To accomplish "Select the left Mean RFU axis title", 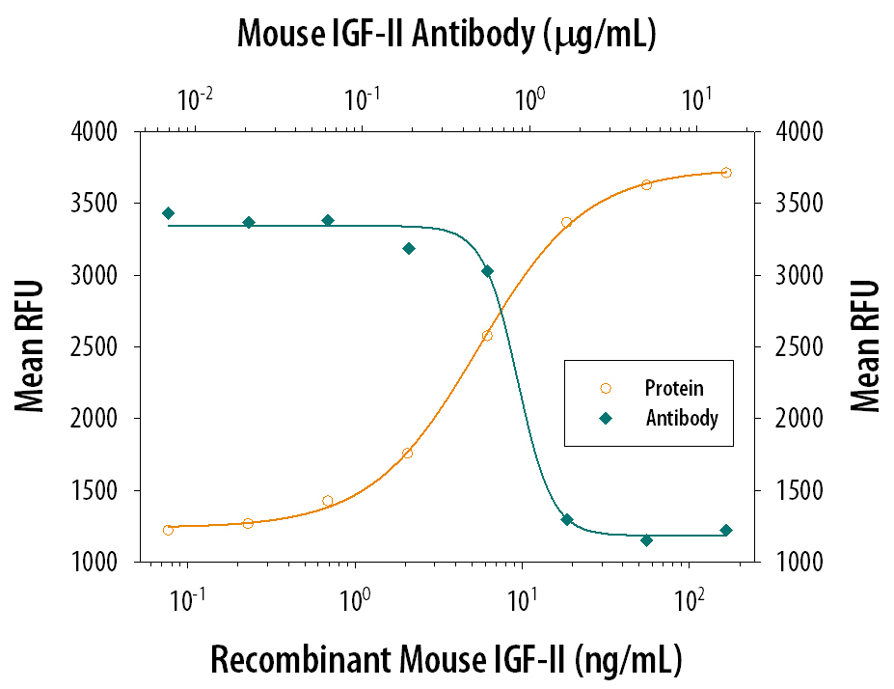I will click(31, 346).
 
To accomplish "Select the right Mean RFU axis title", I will click(865, 346).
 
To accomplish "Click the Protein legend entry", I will click(674, 389).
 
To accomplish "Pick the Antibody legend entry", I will click(681, 419).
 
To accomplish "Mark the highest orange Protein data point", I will click(726, 173).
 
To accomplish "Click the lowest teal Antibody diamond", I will click(646, 540).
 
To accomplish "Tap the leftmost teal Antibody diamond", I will click(169, 213).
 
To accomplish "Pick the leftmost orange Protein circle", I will click(169, 530).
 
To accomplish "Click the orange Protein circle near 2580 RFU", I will click(487, 336).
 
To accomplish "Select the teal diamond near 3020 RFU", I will click(487, 271).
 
